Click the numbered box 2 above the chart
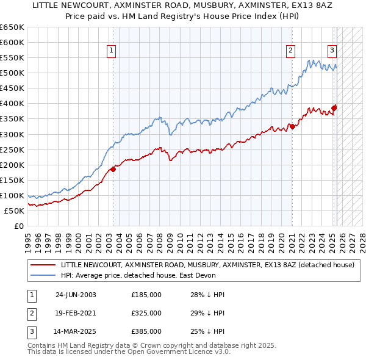(x=291, y=51)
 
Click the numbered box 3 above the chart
(x=332, y=51)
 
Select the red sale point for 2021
(x=292, y=126)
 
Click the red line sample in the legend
(x=43, y=265)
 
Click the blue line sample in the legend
(x=43, y=275)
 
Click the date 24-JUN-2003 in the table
(x=76, y=295)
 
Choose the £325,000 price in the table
(x=146, y=313)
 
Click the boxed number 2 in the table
(x=30, y=313)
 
